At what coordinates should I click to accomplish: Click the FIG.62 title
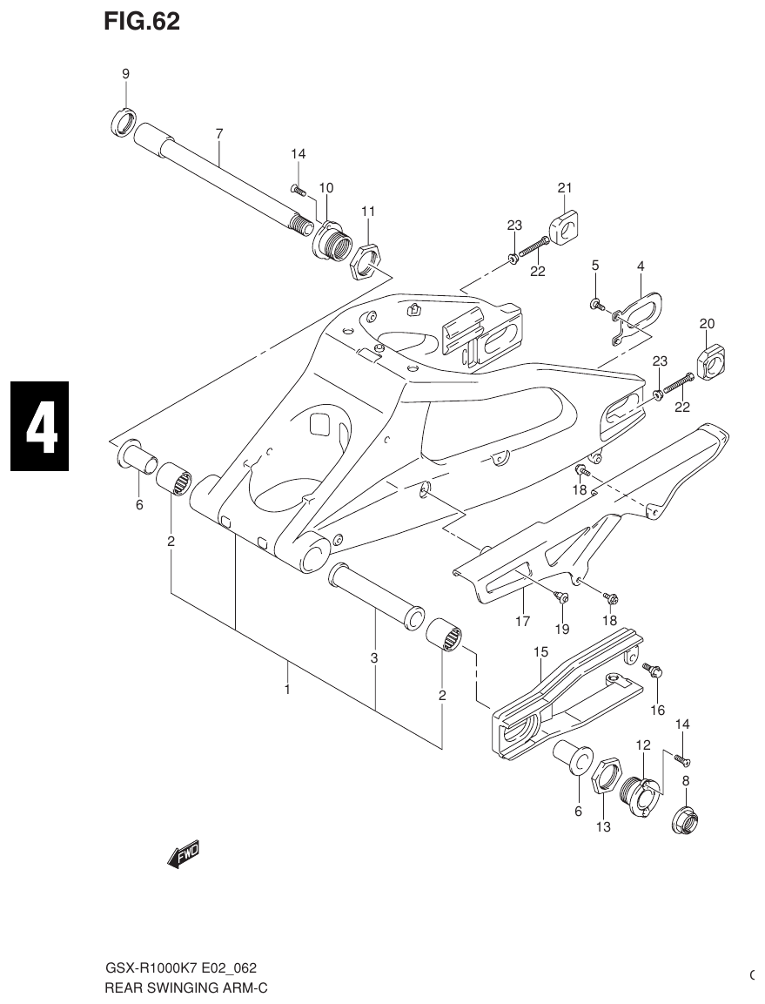(142, 22)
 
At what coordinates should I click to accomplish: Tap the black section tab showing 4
(40, 426)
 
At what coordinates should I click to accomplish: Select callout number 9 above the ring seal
(125, 74)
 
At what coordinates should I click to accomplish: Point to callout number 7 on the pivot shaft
(219, 133)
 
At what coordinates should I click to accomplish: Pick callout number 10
(326, 187)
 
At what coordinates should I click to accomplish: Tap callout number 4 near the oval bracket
(640, 266)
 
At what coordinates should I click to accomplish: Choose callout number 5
(595, 266)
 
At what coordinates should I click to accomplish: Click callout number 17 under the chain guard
(522, 622)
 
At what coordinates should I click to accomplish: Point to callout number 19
(562, 629)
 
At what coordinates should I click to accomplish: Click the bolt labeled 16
(654, 670)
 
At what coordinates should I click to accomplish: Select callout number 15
(540, 651)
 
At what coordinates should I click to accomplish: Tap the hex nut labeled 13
(606, 773)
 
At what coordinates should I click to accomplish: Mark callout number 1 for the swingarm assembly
(286, 689)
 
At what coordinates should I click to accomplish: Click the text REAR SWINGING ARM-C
(185, 987)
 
